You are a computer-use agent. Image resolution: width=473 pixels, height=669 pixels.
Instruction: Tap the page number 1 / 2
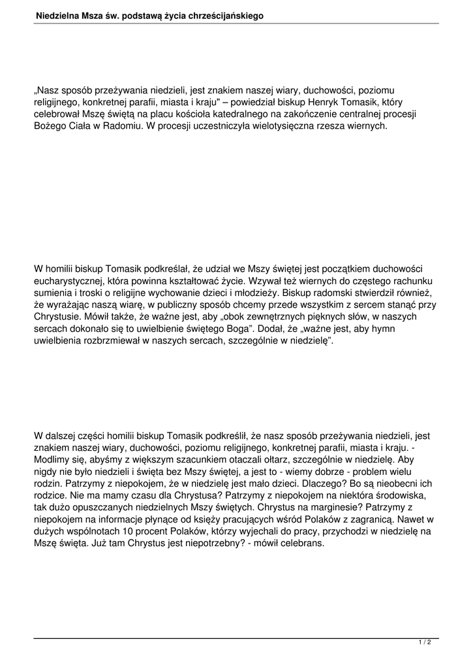(425, 643)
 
